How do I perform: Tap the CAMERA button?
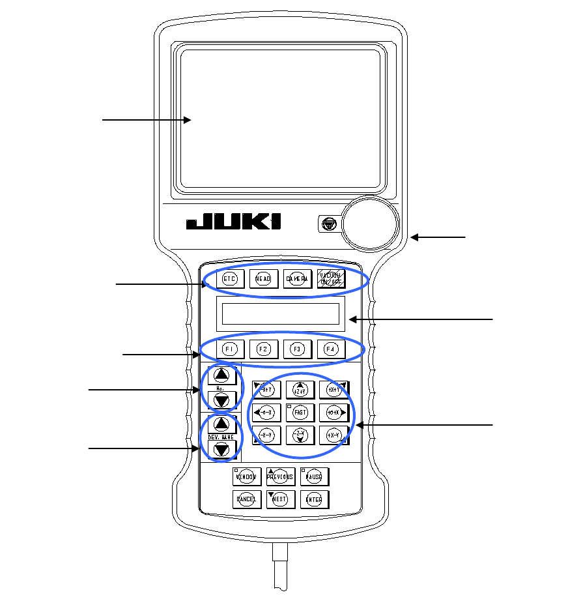click(x=296, y=279)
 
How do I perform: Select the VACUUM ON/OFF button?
click(x=331, y=279)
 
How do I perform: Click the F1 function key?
click(x=229, y=349)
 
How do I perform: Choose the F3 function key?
click(x=296, y=349)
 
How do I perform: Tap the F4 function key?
click(x=331, y=349)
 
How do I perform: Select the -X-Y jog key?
click(x=266, y=435)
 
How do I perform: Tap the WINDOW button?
click(x=247, y=476)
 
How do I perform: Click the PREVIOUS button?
click(x=281, y=476)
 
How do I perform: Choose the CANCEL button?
click(x=247, y=499)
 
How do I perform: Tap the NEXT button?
click(x=281, y=499)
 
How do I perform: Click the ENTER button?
click(x=315, y=499)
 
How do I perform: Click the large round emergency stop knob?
click(x=371, y=223)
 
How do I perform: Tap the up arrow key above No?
click(x=221, y=375)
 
